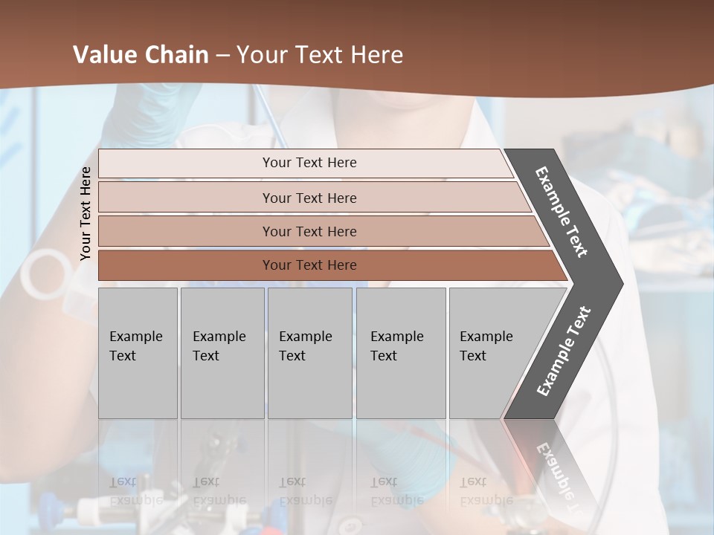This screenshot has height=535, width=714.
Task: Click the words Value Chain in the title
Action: pyautogui.click(x=141, y=55)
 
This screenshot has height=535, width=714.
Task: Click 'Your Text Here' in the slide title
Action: pyautogui.click(x=320, y=55)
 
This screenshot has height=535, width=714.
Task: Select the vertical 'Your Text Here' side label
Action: pyautogui.click(x=86, y=213)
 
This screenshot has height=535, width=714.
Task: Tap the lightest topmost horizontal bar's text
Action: pyautogui.click(x=309, y=163)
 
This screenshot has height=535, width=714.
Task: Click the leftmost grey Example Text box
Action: pyautogui.click(x=138, y=353)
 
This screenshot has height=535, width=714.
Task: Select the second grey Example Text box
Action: pyautogui.click(x=222, y=353)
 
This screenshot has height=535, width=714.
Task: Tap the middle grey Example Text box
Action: pyautogui.click(x=309, y=353)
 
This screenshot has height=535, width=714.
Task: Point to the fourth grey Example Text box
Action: pyautogui.click(x=401, y=353)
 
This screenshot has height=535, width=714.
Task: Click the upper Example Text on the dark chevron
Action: pyautogui.click(x=562, y=212)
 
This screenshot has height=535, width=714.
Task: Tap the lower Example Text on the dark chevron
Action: pyautogui.click(x=564, y=351)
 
